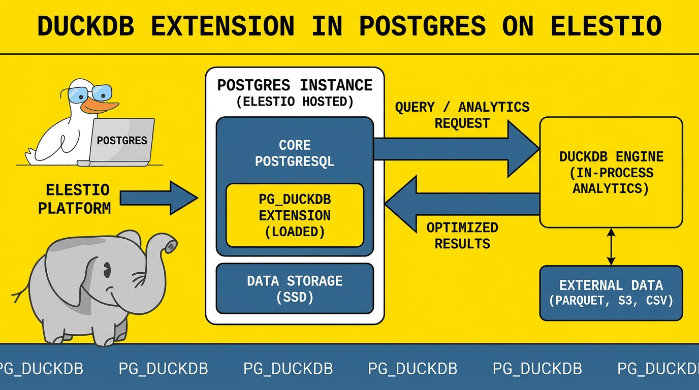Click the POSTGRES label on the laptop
click(122, 141)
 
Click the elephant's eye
click(107, 272)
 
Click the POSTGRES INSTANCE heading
click(295, 85)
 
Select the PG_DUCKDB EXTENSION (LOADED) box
click(295, 215)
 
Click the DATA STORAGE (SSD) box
click(295, 288)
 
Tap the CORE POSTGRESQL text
click(295, 153)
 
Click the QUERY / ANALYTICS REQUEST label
click(462, 115)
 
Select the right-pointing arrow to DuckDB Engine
click(457, 148)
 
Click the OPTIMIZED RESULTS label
click(462, 235)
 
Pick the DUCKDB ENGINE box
click(611, 172)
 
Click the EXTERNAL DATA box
click(611, 292)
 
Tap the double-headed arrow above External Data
click(611, 246)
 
